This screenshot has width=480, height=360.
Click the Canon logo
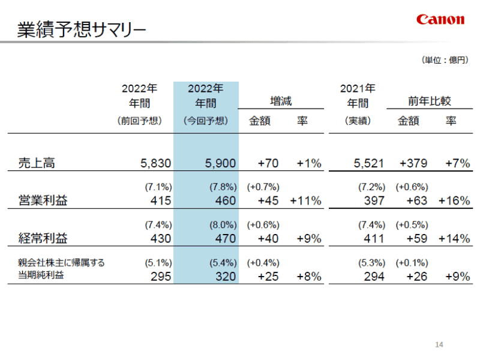pyautogui.click(x=440, y=19)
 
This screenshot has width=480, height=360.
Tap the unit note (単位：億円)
pyautogui.click(x=444, y=60)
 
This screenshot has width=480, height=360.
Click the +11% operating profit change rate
pyautogui.click(x=305, y=200)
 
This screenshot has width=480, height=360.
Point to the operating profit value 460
pyautogui.click(x=225, y=200)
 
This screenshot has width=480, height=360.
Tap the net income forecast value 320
pyautogui.click(x=225, y=276)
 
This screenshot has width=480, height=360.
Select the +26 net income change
pyautogui.click(x=416, y=276)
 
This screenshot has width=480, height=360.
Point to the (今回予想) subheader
pyautogui.click(x=206, y=121)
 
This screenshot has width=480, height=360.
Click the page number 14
pyautogui.click(x=439, y=344)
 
